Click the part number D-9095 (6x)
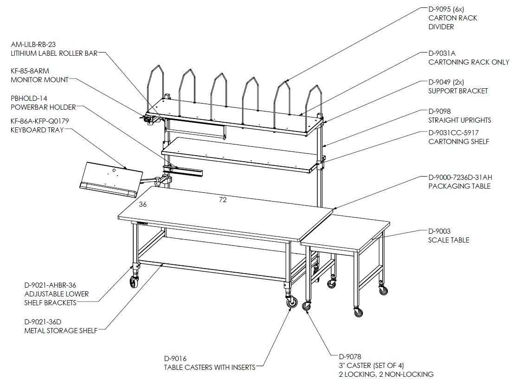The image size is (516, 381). (446, 9)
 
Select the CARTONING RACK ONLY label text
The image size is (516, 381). (469, 62)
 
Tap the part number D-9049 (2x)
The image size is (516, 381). (446, 82)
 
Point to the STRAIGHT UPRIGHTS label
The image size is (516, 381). (460, 120)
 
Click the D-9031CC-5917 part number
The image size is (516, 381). (453, 133)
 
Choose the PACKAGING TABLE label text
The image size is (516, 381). (459, 186)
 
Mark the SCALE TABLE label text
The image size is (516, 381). (449, 240)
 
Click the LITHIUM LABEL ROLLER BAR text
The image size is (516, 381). (54, 53)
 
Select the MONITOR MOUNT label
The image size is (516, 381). (39, 80)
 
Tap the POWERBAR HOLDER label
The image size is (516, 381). (44, 107)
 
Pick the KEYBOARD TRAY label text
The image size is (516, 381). (37, 130)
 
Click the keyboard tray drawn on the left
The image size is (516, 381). (111, 180)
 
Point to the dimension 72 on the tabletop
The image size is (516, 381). (223, 200)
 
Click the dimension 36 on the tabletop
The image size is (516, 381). (142, 204)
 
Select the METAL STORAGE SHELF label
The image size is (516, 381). (61, 330)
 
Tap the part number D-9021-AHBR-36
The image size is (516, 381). (50, 285)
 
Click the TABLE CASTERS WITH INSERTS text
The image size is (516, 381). (210, 367)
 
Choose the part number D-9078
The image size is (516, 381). (350, 357)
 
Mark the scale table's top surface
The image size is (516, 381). (346, 231)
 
